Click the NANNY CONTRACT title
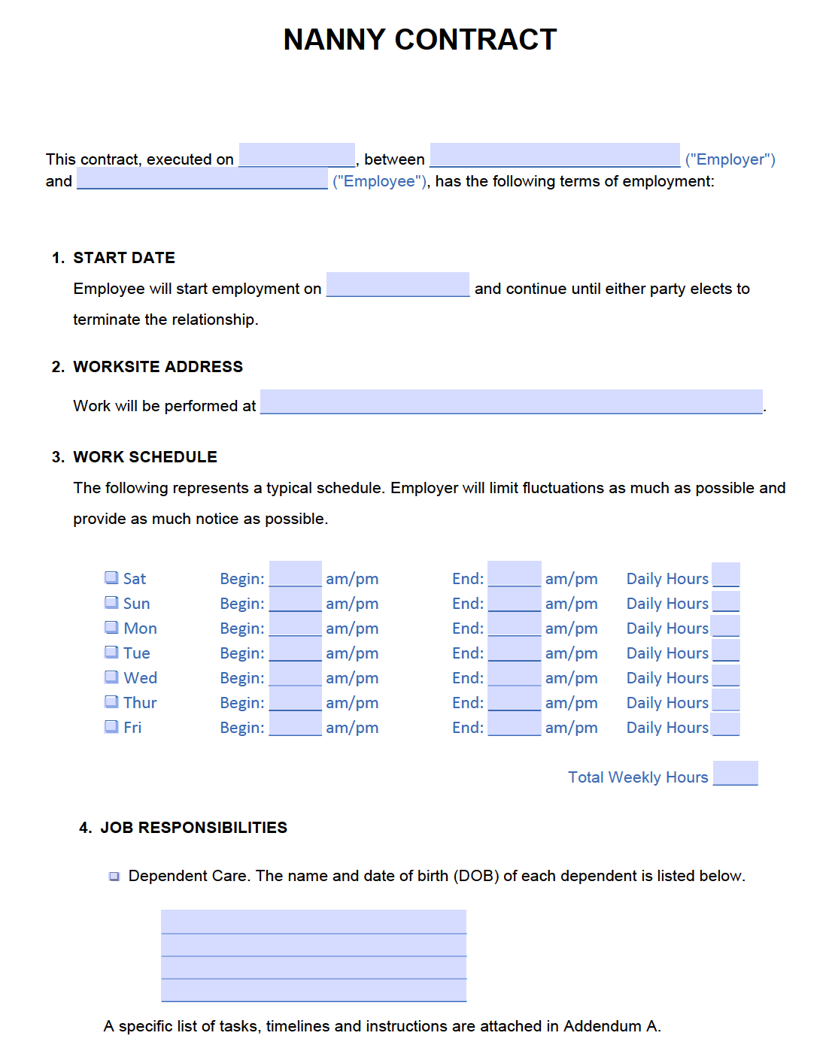(x=420, y=40)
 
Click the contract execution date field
(x=296, y=155)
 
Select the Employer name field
(x=554, y=155)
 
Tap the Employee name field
(x=202, y=178)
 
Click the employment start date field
(x=397, y=285)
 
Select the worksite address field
(x=511, y=401)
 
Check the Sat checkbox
(x=111, y=577)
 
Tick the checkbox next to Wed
(x=111, y=677)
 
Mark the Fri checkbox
(x=111, y=726)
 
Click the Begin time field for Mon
(x=295, y=625)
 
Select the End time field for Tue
(x=514, y=650)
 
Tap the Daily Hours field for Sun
(x=725, y=601)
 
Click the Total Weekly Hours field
(x=735, y=773)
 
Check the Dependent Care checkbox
(x=114, y=876)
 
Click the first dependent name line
(x=313, y=922)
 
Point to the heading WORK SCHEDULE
(x=145, y=457)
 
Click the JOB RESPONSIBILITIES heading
(x=193, y=828)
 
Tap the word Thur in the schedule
(x=140, y=702)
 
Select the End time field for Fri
(x=514, y=725)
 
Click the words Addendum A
(x=611, y=1026)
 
